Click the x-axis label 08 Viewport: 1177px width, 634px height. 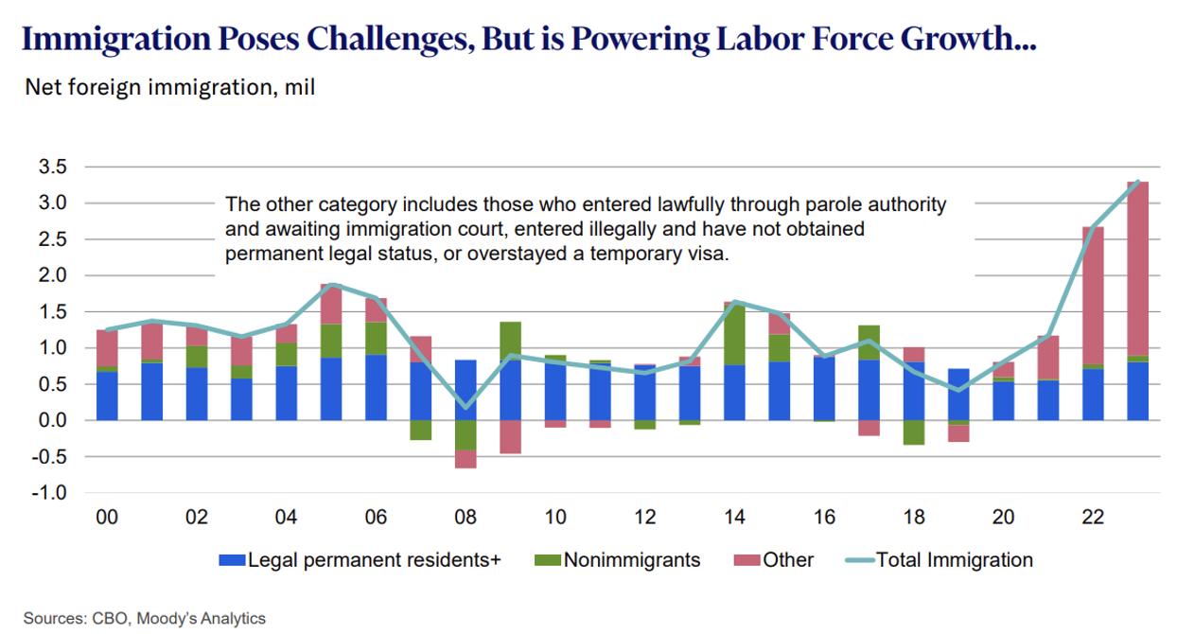[x=466, y=518]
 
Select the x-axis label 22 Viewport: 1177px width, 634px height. [x=1093, y=518]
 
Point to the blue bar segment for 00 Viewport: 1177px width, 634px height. [x=108, y=396]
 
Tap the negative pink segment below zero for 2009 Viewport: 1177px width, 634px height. [x=511, y=436]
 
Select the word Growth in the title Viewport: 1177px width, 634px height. [x=957, y=39]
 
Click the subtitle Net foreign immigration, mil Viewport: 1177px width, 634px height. [x=170, y=89]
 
